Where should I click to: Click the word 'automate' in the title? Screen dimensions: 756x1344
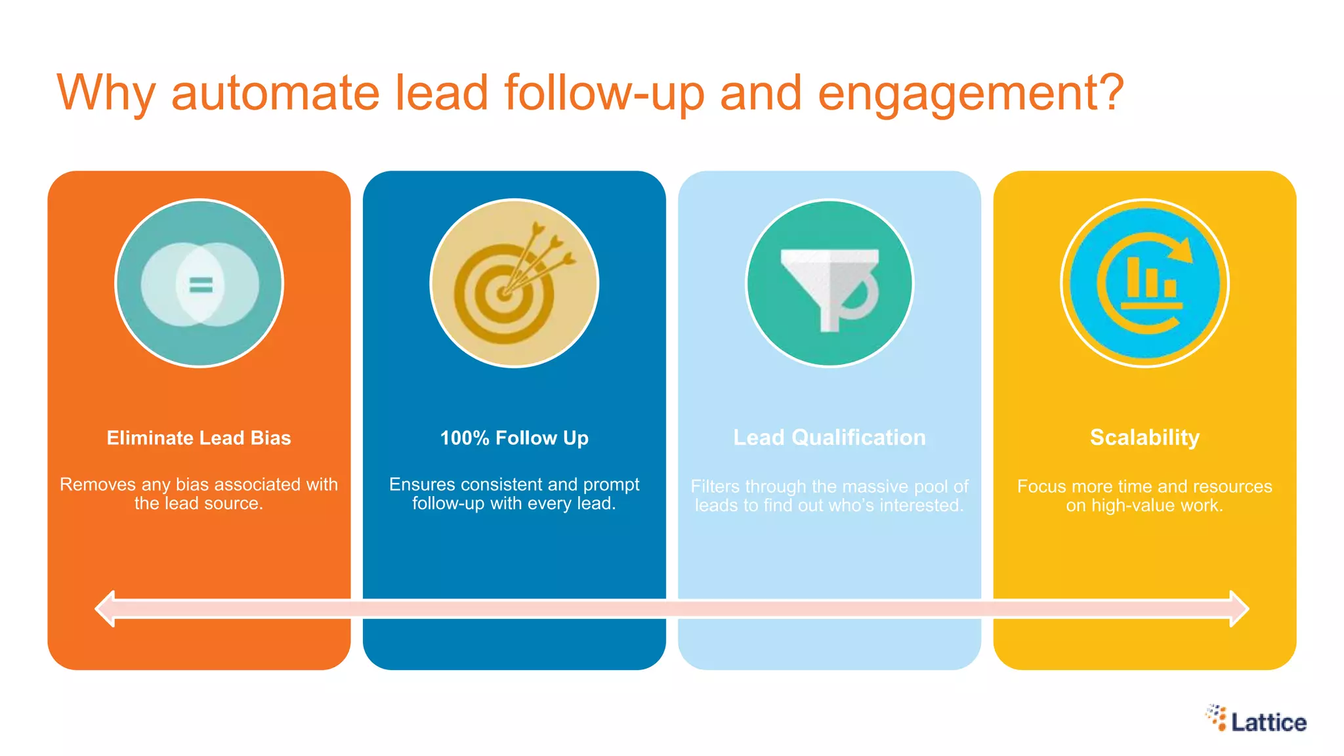(275, 93)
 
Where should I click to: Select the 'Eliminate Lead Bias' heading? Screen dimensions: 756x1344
(199, 438)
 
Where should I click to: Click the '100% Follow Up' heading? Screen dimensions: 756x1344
(514, 438)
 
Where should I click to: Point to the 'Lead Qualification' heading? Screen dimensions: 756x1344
(829, 438)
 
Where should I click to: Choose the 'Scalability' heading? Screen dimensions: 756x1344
(1144, 438)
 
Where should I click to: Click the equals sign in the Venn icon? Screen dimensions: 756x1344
(200, 284)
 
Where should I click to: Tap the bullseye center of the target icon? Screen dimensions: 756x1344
(504, 293)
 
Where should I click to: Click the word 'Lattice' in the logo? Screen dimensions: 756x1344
(1269, 723)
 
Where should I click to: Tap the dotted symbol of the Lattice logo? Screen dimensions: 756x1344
(1216, 717)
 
